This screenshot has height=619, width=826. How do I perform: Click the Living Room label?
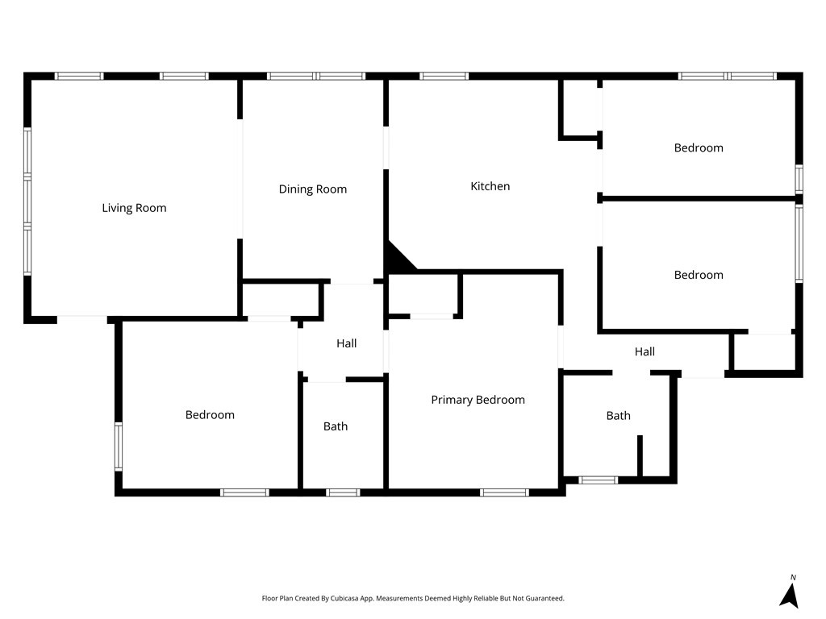click(134, 208)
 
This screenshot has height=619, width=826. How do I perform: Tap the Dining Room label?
click(313, 189)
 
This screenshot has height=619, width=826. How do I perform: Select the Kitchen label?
click(490, 186)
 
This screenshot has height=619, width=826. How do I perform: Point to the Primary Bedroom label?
click(478, 400)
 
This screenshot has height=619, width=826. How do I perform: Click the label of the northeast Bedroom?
click(699, 147)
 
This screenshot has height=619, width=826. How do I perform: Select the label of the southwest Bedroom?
click(210, 415)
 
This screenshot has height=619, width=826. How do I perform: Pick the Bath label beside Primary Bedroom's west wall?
click(336, 426)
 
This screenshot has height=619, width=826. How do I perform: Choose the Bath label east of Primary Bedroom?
click(619, 416)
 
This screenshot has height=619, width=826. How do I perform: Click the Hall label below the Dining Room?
click(347, 343)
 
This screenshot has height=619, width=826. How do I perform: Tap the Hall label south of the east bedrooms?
click(645, 351)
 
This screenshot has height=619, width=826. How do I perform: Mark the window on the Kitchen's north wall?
click(444, 77)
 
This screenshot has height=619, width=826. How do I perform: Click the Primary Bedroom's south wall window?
click(504, 492)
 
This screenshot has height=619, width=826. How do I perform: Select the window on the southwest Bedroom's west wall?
click(118, 447)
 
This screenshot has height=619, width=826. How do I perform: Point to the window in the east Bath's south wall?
click(599, 480)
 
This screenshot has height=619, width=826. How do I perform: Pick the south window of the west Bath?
click(343, 492)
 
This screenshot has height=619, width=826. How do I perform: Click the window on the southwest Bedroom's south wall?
click(244, 492)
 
